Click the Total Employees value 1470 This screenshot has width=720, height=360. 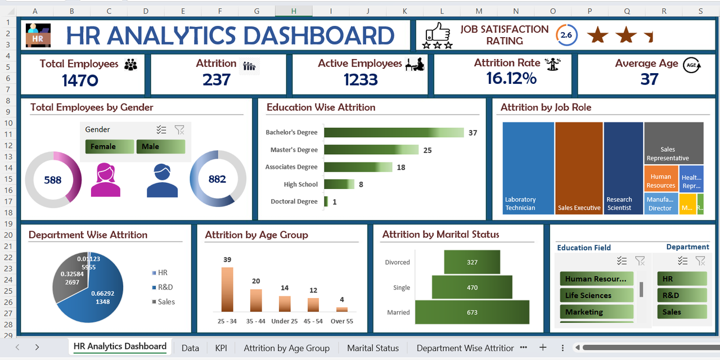80,80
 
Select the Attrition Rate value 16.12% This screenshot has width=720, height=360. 511,78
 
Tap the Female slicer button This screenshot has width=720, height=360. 109,147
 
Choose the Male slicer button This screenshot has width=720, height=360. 160,147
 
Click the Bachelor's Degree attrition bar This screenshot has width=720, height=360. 393,133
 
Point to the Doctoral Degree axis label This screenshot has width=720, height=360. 294,201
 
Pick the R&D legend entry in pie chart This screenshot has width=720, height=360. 165,287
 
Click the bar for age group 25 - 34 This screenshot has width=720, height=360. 227,289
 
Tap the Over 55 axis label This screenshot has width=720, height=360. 341,321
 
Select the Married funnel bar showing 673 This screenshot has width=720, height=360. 472,312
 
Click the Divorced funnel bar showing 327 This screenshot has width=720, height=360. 472,262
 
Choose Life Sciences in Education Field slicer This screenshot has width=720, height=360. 596,295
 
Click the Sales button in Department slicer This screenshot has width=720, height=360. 682,312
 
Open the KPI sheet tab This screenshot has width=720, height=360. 221,348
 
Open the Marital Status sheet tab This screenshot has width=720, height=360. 372,348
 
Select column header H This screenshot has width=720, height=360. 294,11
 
